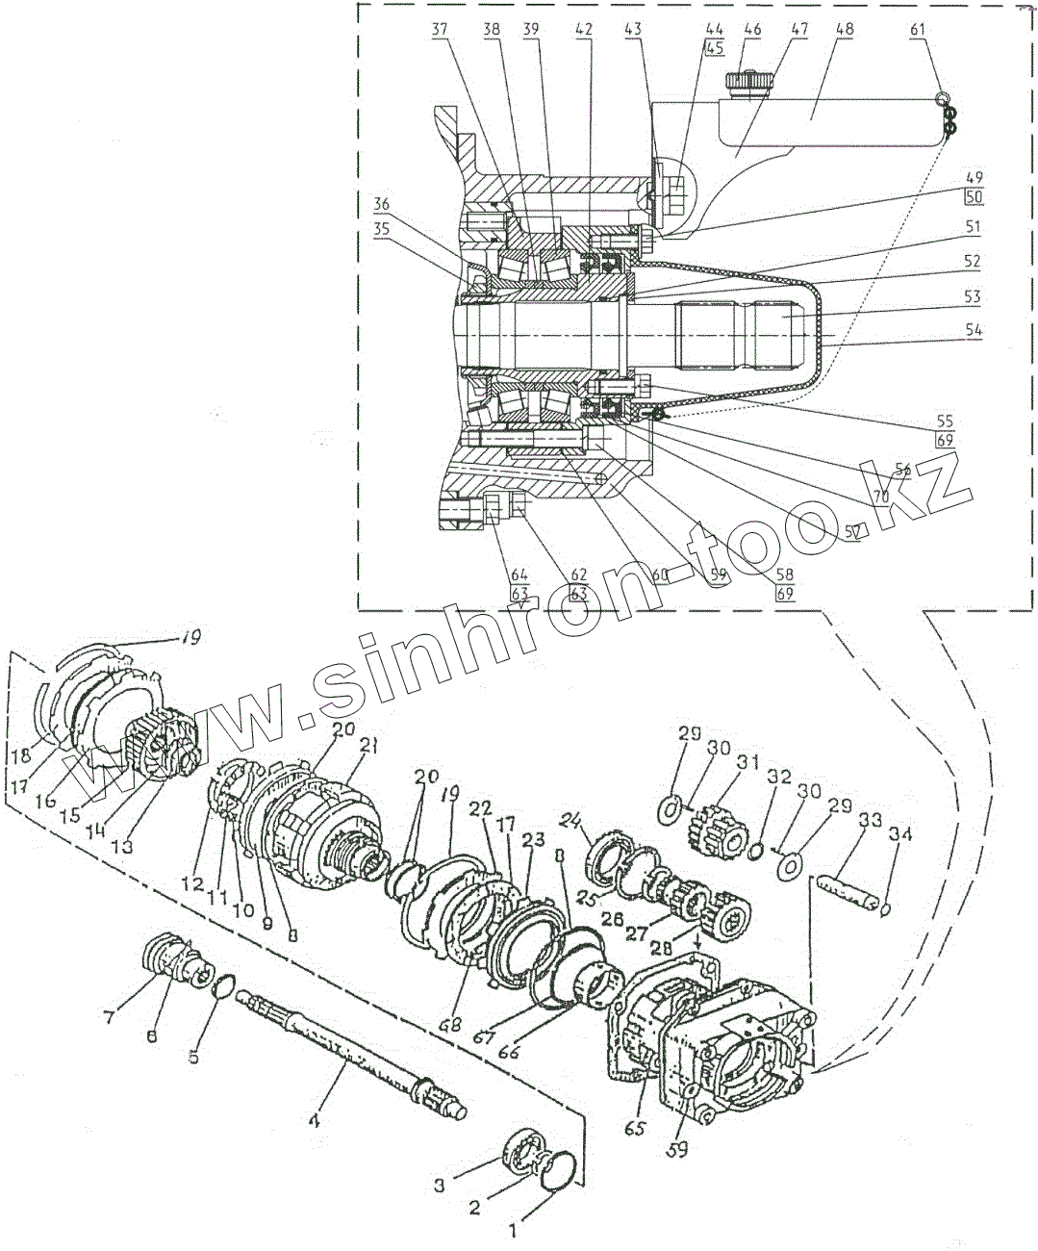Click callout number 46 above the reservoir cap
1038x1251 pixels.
click(752, 30)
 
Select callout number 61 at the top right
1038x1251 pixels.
click(917, 30)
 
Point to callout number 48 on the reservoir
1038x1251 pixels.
click(844, 30)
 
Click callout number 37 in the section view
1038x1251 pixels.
click(439, 30)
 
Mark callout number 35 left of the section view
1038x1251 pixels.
click(382, 231)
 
